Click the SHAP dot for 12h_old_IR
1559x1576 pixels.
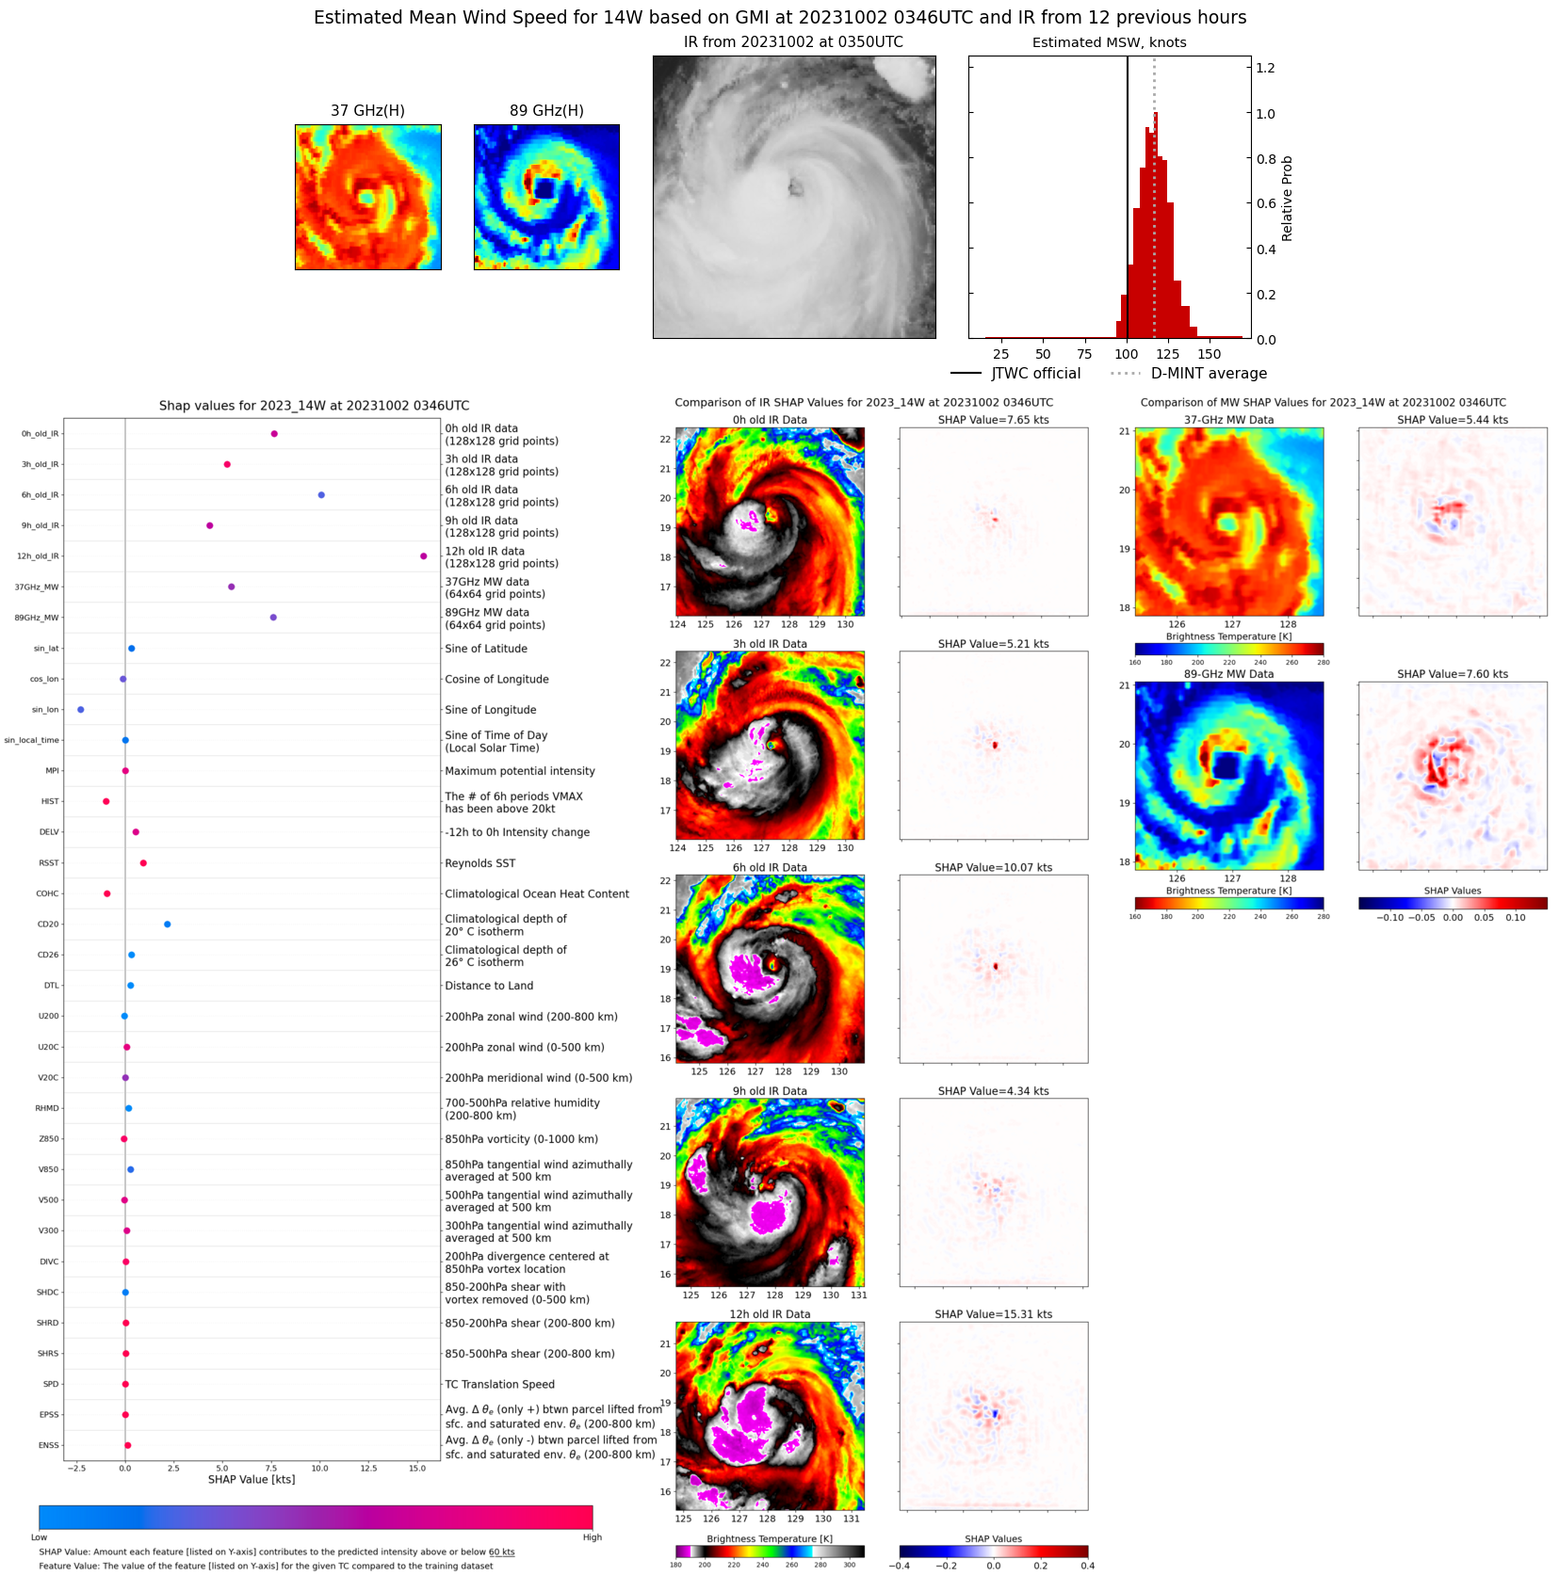click(x=423, y=556)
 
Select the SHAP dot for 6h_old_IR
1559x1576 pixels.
click(x=321, y=495)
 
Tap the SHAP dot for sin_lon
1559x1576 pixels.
click(x=81, y=710)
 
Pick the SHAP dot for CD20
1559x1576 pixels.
click(x=168, y=925)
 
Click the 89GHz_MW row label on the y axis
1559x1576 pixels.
click(x=37, y=618)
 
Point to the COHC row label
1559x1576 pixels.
click(x=47, y=893)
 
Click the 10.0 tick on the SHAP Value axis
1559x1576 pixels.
click(x=319, y=1468)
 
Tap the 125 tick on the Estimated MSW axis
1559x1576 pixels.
click(x=1167, y=355)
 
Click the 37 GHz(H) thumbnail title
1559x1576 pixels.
click(x=367, y=111)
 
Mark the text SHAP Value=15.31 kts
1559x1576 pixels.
click(x=993, y=1314)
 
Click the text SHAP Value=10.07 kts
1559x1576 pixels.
click(x=993, y=867)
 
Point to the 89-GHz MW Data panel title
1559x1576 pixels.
click(x=1228, y=674)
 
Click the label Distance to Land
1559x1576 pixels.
click(x=489, y=986)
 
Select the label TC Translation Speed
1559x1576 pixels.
click(x=499, y=1384)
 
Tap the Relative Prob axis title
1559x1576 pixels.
click(x=1287, y=199)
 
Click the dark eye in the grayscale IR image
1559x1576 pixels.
click(x=796, y=188)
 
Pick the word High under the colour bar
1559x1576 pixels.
click(x=592, y=1537)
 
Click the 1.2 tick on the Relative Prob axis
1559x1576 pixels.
click(x=1265, y=68)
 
